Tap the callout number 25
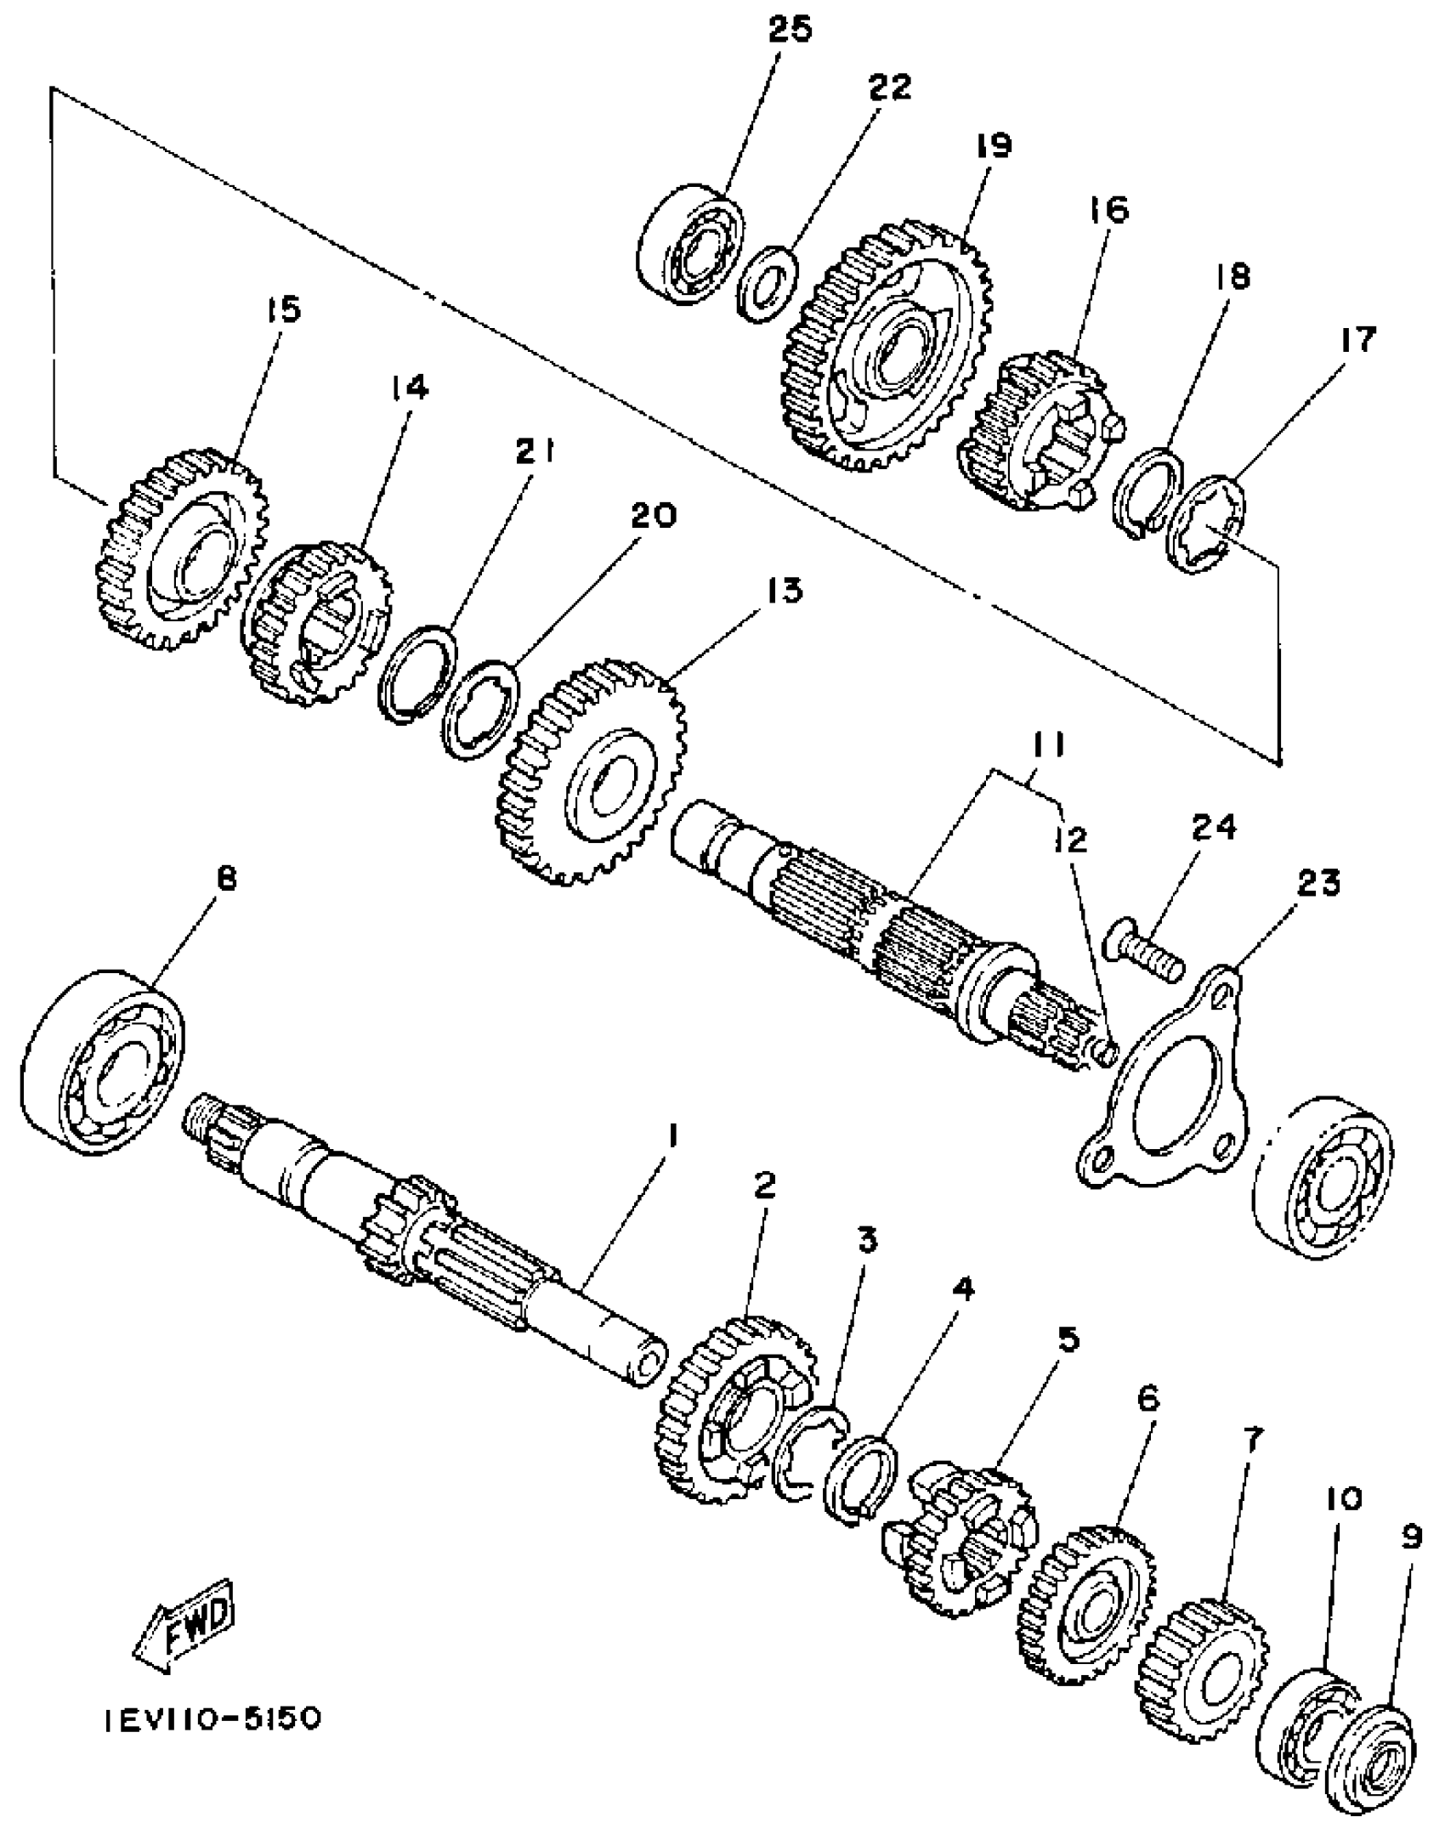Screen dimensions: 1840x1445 coord(790,30)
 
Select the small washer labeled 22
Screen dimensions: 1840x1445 coord(768,284)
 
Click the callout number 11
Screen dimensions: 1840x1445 coord(1049,746)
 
